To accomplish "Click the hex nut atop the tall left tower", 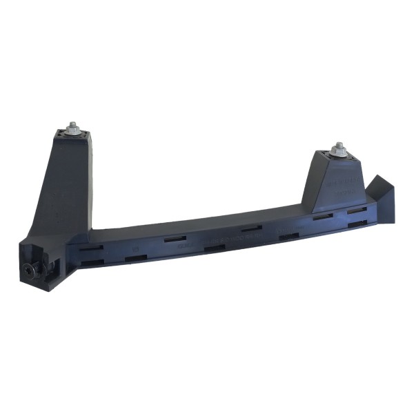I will point(73,128).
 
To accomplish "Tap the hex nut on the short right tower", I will point(338,149).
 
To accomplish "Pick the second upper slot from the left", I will point(175,238).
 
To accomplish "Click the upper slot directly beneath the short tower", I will point(322,217).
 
